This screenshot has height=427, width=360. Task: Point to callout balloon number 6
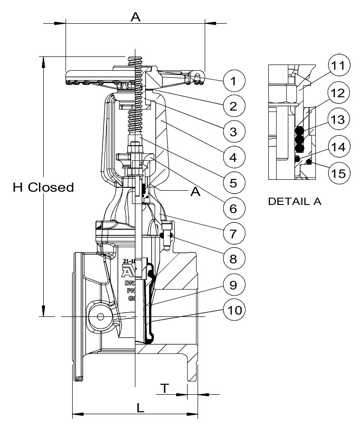[232, 208]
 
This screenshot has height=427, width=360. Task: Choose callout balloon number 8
[232, 259]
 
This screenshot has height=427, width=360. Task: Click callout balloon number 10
[232, 310]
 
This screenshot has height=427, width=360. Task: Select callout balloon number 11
[340, 66]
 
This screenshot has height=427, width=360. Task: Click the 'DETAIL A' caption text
[295, 201]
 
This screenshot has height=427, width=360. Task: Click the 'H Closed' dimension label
[43, 187]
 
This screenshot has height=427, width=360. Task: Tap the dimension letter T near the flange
[164, 388]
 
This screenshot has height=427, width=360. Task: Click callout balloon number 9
[232, 285]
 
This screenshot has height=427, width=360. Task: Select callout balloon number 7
[232, 233]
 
